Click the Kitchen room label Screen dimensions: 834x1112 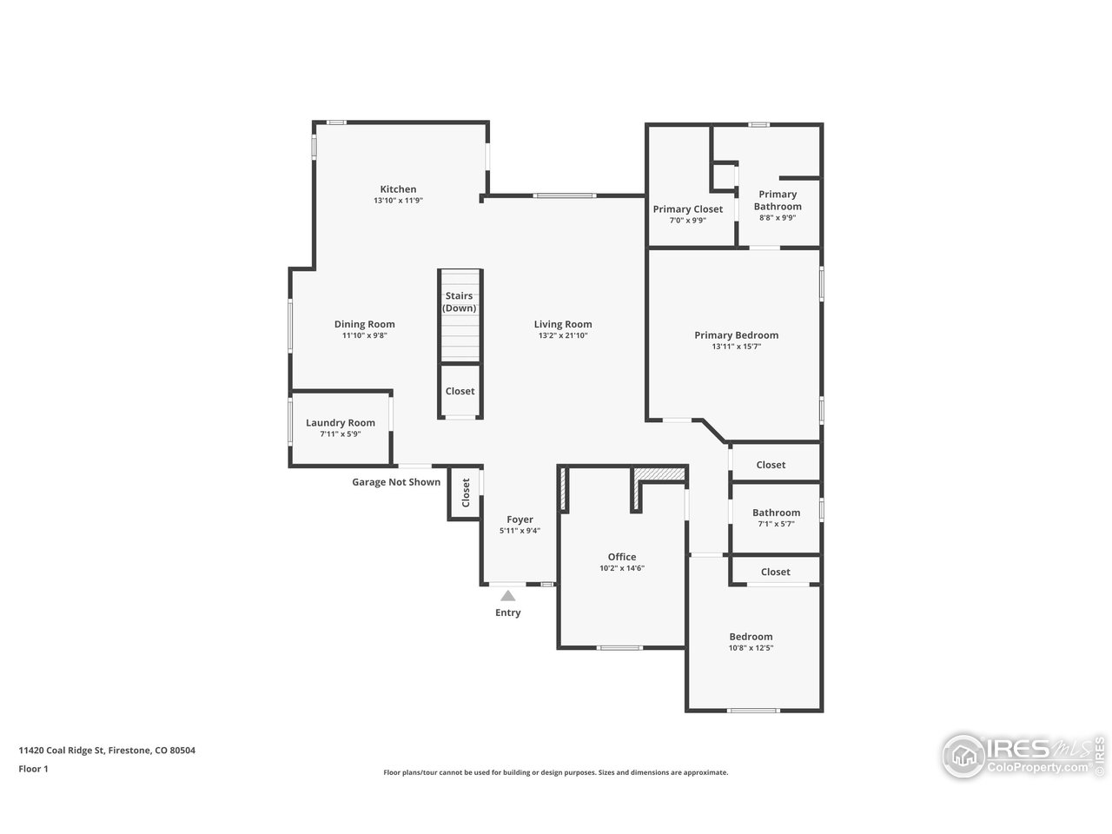click(398, 189)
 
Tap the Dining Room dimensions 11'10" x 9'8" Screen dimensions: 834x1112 click(364, 335)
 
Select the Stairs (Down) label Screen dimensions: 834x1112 click(460, 302)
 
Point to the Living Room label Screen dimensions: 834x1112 click(563, 325)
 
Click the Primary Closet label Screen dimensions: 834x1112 click(688, 209)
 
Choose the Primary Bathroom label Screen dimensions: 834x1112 click(778, 201)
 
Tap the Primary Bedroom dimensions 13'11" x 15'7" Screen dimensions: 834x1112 click(736, 347)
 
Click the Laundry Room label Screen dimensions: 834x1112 click(341, 423)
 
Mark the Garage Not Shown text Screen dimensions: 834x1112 click(396, 482)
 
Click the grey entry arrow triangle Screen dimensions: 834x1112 click(508, 595)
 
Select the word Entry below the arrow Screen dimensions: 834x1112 click(508, 612)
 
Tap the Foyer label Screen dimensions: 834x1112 click(520, 520)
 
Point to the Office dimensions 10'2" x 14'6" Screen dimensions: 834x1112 click(622, 568)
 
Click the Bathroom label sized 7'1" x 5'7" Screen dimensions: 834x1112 click(776, 513)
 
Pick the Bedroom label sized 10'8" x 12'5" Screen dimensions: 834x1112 click(751, 637)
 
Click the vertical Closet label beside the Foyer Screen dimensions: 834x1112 click(466, 493)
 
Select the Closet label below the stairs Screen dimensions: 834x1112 click(460, 392)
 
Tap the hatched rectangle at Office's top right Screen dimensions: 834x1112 click(659, 474)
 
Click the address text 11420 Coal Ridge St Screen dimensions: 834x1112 click(62, 751)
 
